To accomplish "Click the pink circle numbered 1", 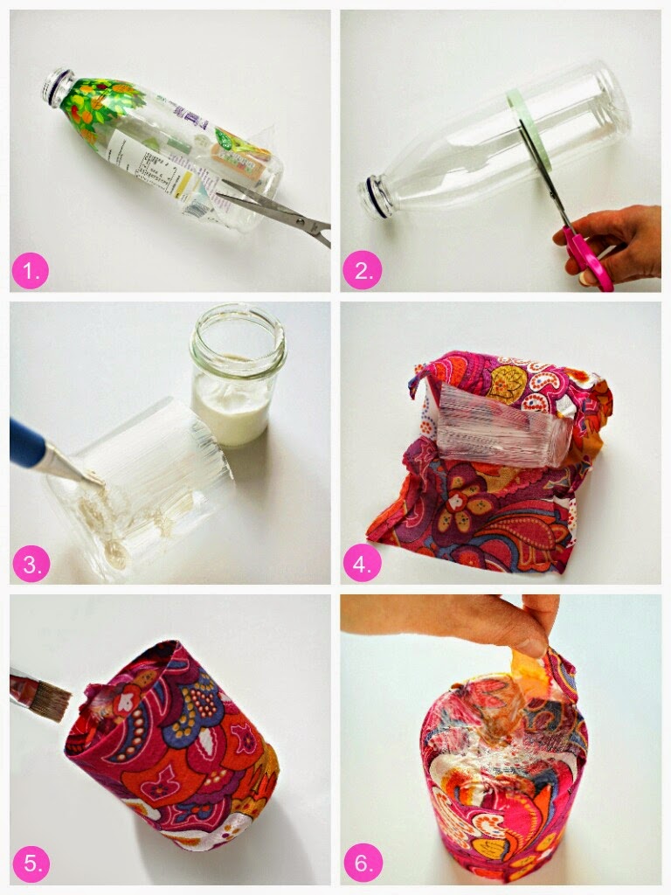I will pos(30,273).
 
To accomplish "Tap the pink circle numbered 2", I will pos(360,273).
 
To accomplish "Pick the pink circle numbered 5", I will pos(30,864).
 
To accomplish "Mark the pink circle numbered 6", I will pos(360,864).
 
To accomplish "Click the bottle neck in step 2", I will pos(377,195).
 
